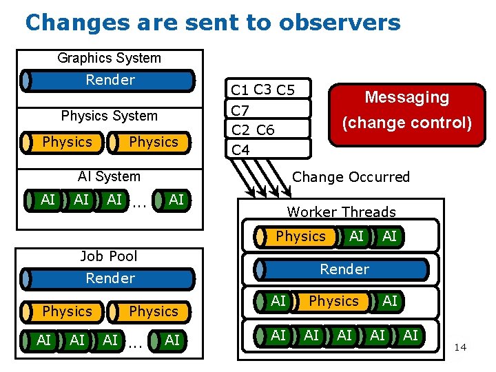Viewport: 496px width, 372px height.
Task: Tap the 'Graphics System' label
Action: pyautogui.click(x=109, y=59)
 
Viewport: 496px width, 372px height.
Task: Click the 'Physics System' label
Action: pyautogui.click(x=109, y=116)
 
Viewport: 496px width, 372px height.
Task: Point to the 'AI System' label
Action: pyautogui.click(x=109, y=176)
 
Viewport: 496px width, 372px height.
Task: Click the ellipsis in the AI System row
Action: pyautogui.click(x=138, y=202)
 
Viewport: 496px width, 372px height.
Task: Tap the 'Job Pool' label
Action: pyautogui.click(x=109, y=256)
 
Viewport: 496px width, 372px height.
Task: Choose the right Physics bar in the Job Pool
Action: pyautogui.click(x=153, y=311)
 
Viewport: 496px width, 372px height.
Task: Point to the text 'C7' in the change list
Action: pyautogui.click(x=240, y=110)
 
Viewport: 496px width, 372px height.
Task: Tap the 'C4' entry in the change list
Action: pyautogui.click(x=240, y=149)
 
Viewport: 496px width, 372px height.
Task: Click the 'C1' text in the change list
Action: pyautogui.click(x=240, y=90)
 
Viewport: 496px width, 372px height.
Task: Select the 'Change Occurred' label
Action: pyautogui.click(x=351, y=177)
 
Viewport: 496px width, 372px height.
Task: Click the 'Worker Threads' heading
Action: pyautogui.click(x=341, y=212)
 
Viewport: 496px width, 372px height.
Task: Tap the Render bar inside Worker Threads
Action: pyautogui.click(x=344, y=269)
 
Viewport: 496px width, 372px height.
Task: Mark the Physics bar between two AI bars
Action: pyautogui.click(x=333, y=301)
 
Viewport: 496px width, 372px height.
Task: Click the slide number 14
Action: pyautogui.click(x=460, y=347)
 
